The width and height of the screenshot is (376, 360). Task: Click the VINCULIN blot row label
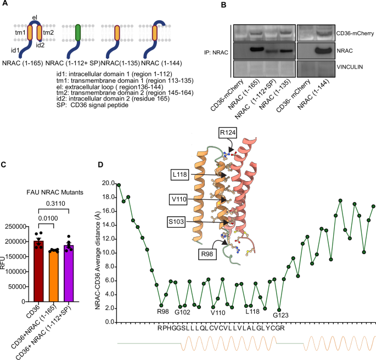pos(345,70)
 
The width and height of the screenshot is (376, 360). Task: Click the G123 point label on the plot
pos(280,315)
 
